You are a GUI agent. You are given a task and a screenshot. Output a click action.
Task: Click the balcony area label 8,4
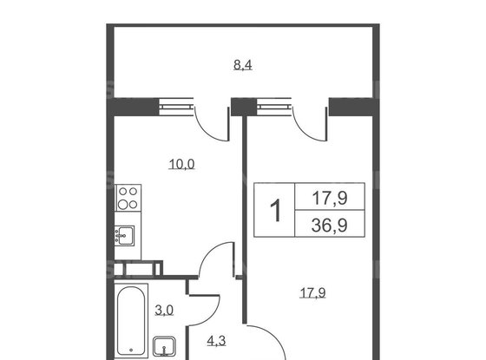click(243, 65)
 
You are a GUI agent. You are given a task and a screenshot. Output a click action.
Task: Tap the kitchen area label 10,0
click(182, 164)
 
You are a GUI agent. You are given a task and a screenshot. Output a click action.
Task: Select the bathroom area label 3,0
click(164, 311)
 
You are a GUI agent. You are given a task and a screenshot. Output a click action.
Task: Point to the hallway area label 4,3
click(216, 341)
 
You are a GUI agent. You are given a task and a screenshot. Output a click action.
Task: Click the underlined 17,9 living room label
click(312, 292)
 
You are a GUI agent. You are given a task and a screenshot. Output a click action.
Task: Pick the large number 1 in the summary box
click(275, 210)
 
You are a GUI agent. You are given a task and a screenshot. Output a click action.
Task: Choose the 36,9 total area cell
click(330, 225)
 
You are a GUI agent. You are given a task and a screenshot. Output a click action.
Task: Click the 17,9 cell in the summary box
click(330, 198)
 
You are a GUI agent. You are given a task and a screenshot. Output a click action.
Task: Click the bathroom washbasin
click(164, 347)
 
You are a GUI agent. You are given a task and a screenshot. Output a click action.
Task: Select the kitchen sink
click(125, 235)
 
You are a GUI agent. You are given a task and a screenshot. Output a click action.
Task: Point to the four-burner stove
click(128, 198)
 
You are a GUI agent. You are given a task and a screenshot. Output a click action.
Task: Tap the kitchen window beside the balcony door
click(176, 108)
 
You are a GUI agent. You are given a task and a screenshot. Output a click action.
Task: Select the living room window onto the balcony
click(274, 108)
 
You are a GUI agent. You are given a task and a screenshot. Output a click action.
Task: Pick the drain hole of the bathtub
click(131, 350)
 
